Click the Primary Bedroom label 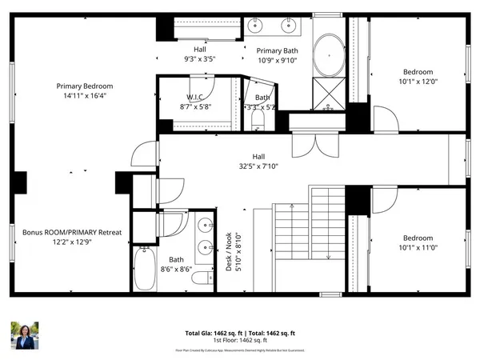click(84, 91)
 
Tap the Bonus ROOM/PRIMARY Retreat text click(71, 238)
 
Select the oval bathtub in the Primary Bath click(327, 55)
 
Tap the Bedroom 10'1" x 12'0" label click(418, 77)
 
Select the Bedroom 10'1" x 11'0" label click(418, 242)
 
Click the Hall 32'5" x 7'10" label click(257, 162)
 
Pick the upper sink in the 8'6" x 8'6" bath click(204, 225)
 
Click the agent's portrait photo click(24, 335)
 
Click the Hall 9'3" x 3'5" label click(201, 53)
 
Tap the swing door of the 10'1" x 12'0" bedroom click(385, 121)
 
